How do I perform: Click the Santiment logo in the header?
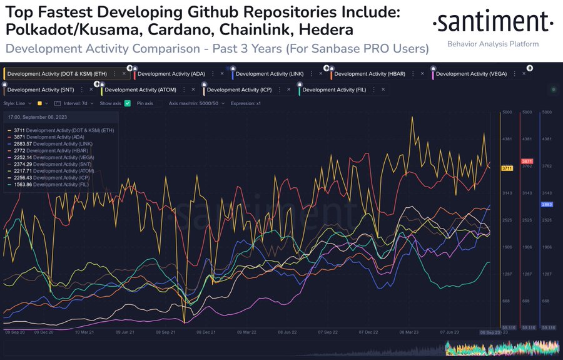coord(493,23)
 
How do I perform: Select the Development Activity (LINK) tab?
coord(269,74)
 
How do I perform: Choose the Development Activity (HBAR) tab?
coord(370,74)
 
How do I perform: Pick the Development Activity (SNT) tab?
coord(36,90)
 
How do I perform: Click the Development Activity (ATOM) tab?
coord(139,90)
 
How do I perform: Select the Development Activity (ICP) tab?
coord(240,90)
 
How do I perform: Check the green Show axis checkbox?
coord(128,103)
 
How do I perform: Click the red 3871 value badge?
coord(527,162)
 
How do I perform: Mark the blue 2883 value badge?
coord(546,205)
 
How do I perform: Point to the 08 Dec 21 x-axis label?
coord(206,332)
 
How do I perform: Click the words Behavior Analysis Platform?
coord(492,44)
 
